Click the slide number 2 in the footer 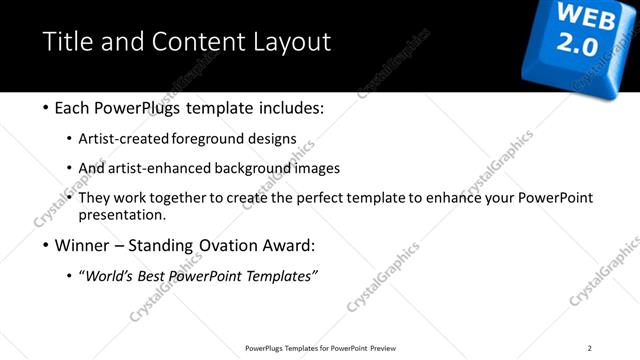[x=590, y=348]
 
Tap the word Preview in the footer [x=382, y=348]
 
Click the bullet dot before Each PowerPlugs [x=47, y=108]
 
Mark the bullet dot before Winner [x=47, y=246]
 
